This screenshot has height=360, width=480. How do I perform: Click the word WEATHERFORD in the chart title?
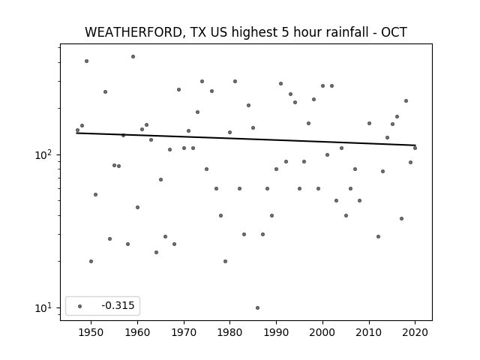click(x=133, y=32)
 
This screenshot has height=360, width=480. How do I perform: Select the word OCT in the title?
click(x=394, y=32)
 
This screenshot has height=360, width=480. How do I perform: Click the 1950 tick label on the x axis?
click(x=91, y=332)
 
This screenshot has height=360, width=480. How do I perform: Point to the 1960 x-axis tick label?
click(x=137, y=332)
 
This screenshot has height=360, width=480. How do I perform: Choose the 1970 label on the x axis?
click(x=184, y=332)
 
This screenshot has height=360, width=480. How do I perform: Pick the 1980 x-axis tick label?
click(x=230, y=332)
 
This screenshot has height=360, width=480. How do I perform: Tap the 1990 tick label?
click(x=277, y=332)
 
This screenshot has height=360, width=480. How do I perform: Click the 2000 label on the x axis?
click(x=322, y=332)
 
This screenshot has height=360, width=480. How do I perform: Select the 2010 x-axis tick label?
click(x=369, y=332)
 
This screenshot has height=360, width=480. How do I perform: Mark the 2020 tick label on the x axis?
click(x=415, y=332)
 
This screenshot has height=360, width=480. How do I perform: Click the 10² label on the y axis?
click(x=42, y=154)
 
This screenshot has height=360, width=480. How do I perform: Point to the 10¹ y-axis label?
click(x=42, y=307)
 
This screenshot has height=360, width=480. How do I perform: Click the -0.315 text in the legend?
click(x=118, y=305)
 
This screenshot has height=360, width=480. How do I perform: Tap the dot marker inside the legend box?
click(x=79, y=306)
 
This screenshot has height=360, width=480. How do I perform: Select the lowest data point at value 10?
click(x=257, y=307)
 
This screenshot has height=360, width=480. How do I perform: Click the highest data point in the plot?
click(x=133, y=57)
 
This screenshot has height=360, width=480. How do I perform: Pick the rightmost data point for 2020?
click(x=415, y=148)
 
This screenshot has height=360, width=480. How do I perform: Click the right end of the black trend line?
click(x=415, y=145)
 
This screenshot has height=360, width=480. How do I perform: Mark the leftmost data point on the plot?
click(x=77, y=130)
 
